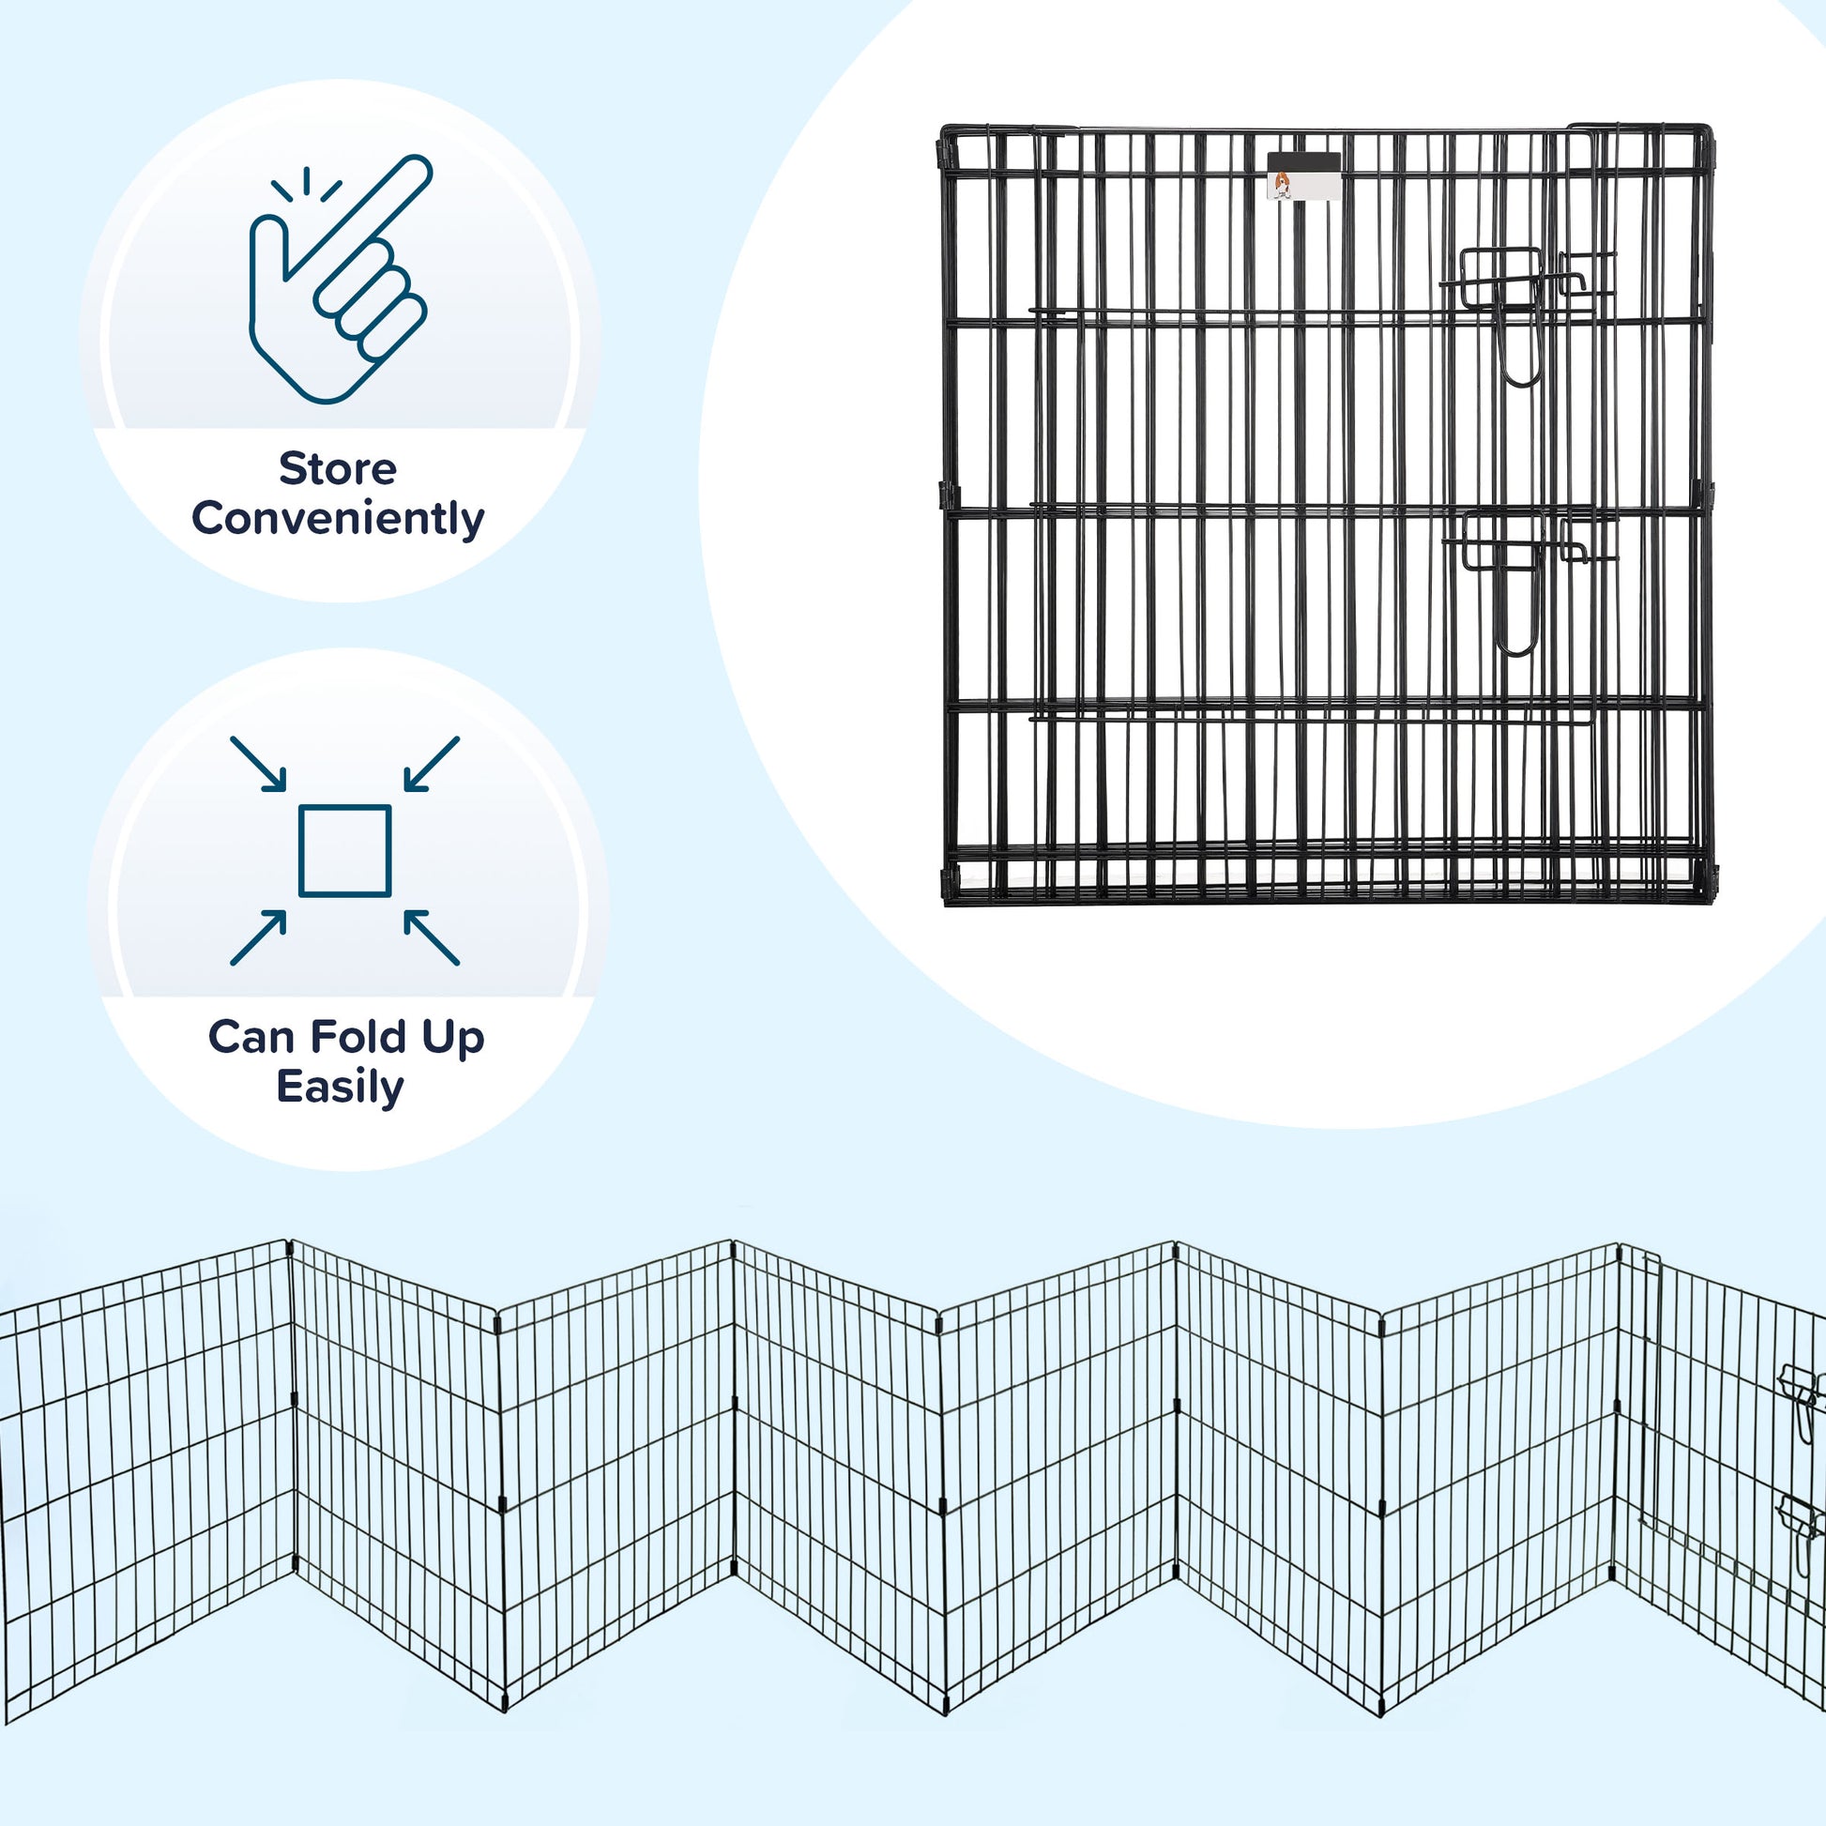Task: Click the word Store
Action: pos(338,469)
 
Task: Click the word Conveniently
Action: pos(338,519)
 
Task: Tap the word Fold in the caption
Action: pos(358,1037)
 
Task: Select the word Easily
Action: pos(341,1087)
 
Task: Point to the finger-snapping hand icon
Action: pos(339,280)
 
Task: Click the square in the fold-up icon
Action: pos(345,851)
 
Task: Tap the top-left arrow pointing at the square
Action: pos(259,764)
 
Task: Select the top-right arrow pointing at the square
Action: pos(431,764)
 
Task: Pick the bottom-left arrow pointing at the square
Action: pos(259,937)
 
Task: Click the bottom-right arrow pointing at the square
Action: pos(431,937)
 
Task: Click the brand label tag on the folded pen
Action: pos(1303,176)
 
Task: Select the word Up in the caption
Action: pos(452,1039)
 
